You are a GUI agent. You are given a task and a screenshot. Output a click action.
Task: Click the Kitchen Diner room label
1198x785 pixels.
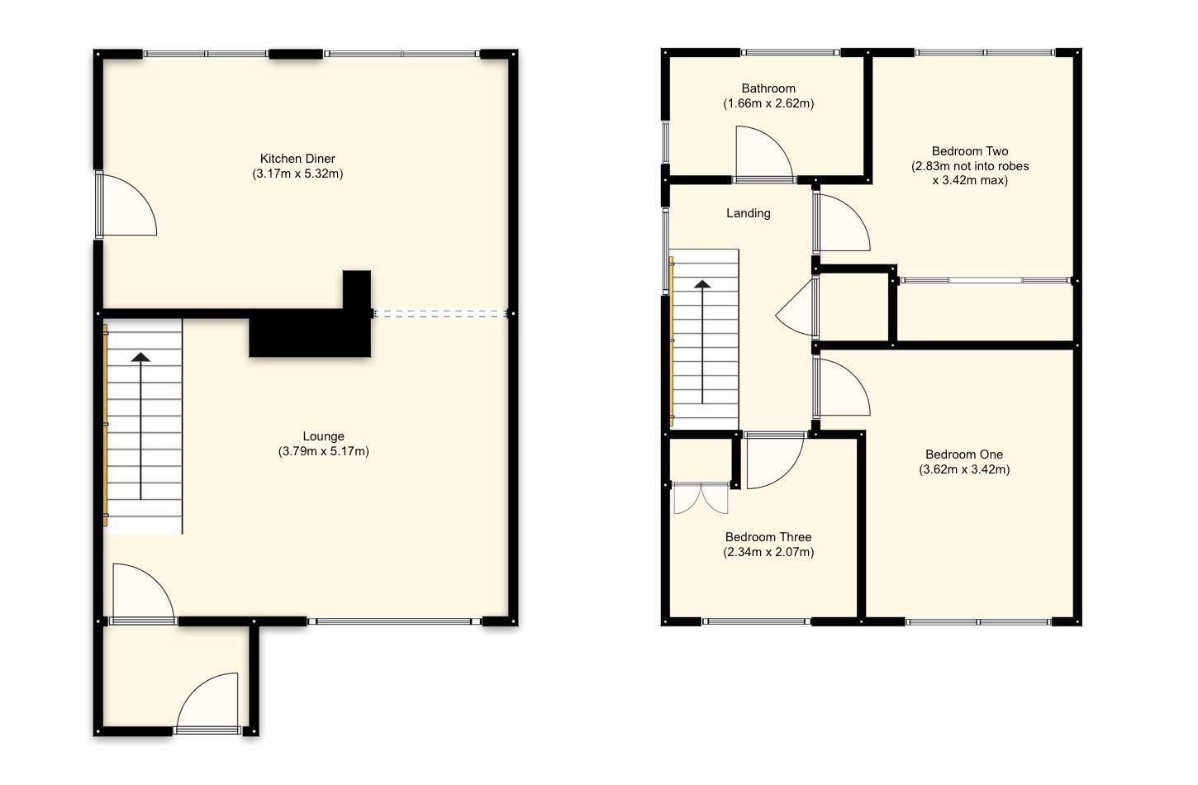point(297,159)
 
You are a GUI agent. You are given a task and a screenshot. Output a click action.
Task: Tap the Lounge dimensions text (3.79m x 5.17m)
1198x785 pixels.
point(323,451)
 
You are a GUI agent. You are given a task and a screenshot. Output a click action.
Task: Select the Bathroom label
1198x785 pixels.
point(768,88)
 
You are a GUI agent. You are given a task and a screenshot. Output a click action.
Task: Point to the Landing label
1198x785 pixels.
point(748,213)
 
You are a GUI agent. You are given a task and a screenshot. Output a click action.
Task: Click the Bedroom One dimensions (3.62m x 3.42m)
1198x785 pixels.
point(963,469)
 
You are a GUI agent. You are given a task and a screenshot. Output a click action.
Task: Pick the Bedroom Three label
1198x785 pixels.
point(768,537)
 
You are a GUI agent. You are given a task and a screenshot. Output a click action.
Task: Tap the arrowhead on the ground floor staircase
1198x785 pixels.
point(141,357)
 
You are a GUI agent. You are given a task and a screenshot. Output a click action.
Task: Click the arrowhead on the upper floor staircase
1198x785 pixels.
point(702,284)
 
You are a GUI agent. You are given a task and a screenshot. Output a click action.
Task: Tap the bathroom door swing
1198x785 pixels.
point(762,153)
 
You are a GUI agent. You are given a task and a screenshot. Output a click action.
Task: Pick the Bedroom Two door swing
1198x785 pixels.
point(840,223)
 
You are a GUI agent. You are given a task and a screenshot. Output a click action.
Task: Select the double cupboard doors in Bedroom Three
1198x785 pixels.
point(701,498)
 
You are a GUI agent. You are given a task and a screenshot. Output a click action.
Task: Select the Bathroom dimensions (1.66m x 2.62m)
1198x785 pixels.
point(768,103)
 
